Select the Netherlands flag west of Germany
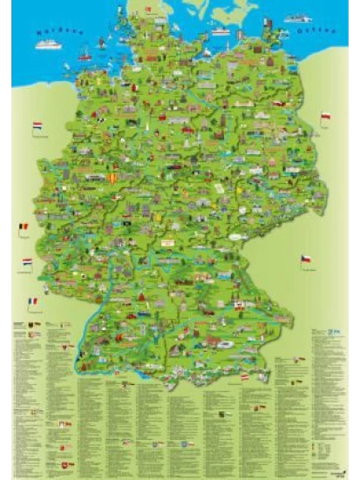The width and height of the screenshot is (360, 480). point(37,127)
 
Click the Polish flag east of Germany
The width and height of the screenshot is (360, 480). point(324,116)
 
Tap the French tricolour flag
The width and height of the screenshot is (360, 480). point(32,301)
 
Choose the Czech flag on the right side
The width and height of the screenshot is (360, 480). point(306,260)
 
